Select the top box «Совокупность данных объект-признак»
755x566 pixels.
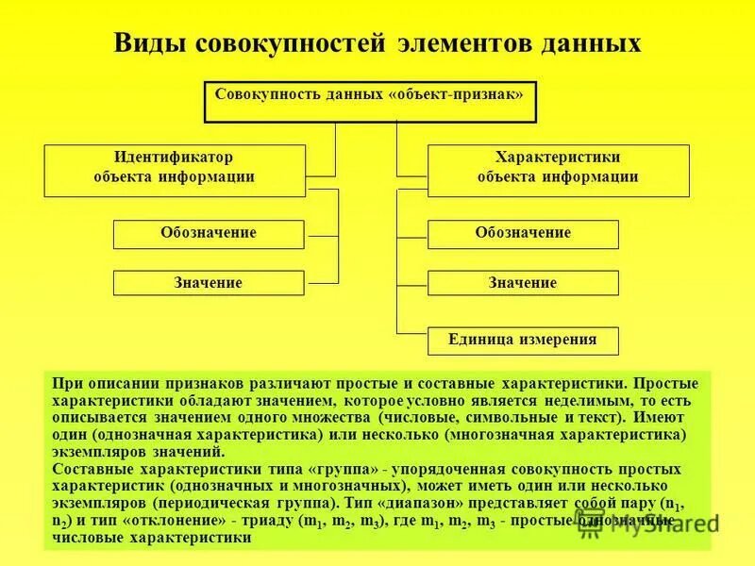click(x=370, y=102)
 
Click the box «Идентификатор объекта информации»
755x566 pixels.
click(x=175, y=170)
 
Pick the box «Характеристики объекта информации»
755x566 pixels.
click(x=558, y=170)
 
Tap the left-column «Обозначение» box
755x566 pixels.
click(x=209, y=234)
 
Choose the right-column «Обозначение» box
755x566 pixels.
click(x=523, y=234)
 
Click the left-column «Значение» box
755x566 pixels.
click(x=209, y=283)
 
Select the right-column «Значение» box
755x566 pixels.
click(x=523, y=283)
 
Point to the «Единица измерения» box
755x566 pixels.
click(x=523, y=341)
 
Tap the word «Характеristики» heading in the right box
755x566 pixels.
click(x=558, y=158)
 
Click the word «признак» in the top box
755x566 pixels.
click(x=482, y=94)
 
